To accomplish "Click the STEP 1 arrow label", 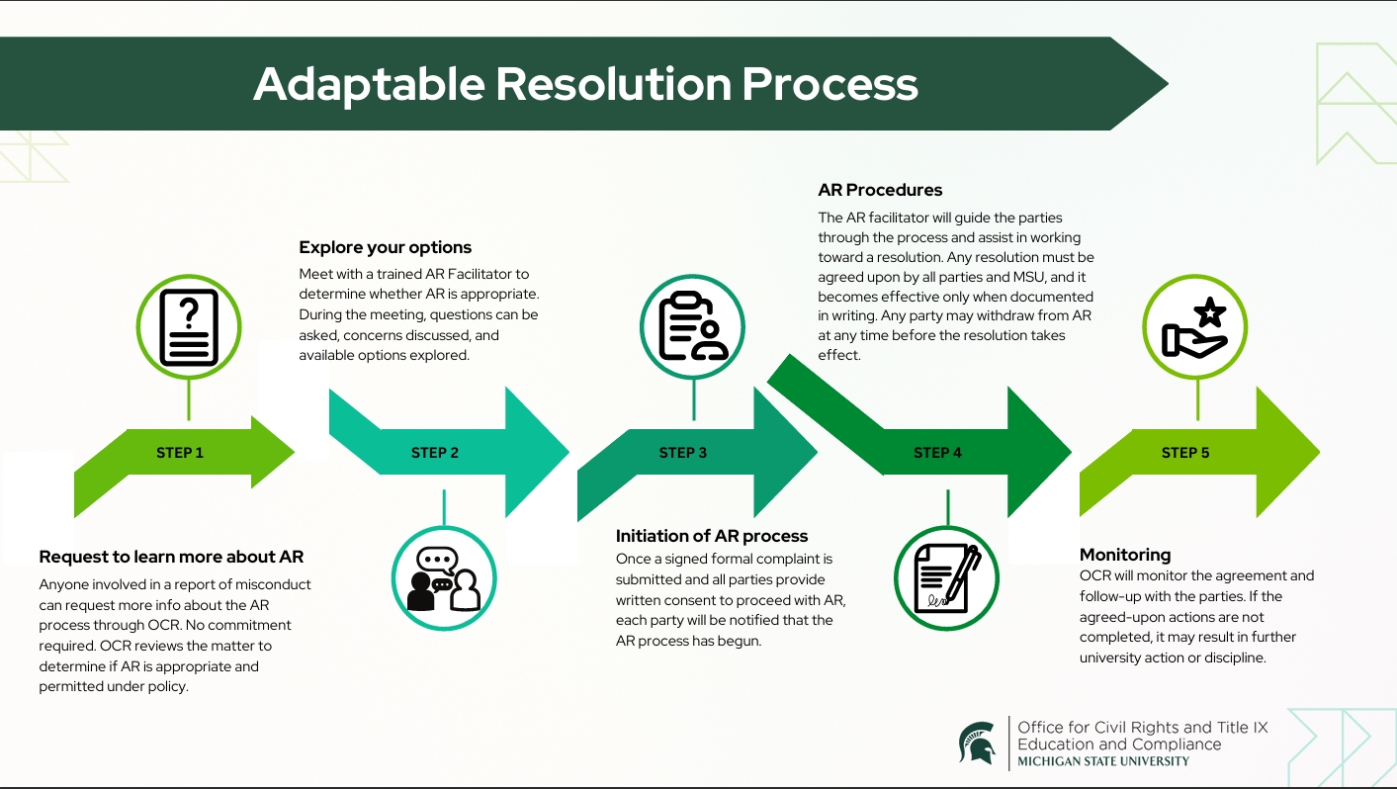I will (x=180, y=453).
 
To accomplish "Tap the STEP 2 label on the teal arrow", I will (x=435, y=453).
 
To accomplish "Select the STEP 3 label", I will (x=683, y=453).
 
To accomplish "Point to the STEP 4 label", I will (x=937, y=453).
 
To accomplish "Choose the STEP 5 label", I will (x=1185, y=453).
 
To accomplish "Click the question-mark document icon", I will (x=189, y=327).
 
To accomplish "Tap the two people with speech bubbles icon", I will (x=444, y=578).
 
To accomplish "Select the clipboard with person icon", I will (x=693, y=327).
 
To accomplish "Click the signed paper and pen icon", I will (x=946, y=578).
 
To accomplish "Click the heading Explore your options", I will (x=386, y=247).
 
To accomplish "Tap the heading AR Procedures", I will (x=880, y=190).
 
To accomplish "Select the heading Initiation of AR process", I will (x=712, y=536).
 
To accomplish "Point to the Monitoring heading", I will (x=1125, y=555).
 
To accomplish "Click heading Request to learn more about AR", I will (x=171, y=557).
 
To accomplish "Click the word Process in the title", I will (x=829, y=85).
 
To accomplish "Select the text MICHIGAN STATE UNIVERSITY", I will (x=1103, y=761).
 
